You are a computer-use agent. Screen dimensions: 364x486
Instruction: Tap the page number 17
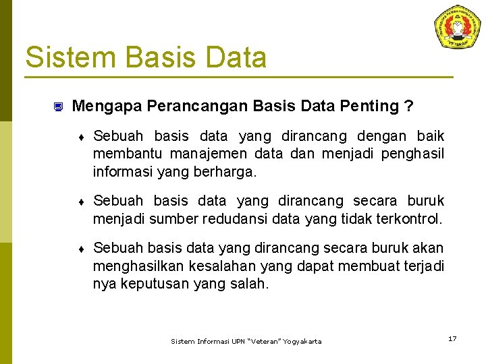(452, 338)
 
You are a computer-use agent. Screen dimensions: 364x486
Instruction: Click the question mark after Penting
(408, 106)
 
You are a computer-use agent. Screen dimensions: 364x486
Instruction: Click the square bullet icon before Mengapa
(58, 107)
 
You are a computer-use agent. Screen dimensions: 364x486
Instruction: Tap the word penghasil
(412, 154)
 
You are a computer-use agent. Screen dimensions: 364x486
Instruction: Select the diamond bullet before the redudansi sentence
(81, 202)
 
